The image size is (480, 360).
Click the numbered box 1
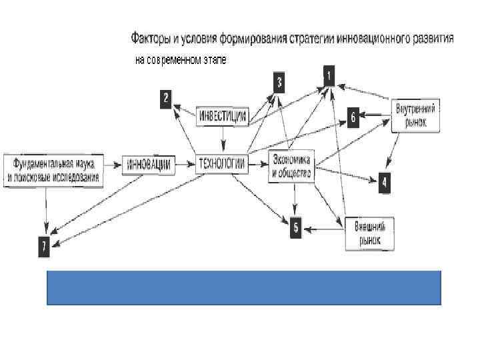pyautogui.click(x=329, y=74)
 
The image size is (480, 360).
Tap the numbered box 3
pyautogui.click(x=279, y=83)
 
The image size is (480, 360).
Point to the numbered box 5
pyautogui.click(x=297, y=228)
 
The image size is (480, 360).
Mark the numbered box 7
pyautogui.click(x=43, y=247)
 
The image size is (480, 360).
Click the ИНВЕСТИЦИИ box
pyautogui.click(x=223, y=117)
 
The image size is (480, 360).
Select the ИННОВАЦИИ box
pyautogui.click(x=149, y=164)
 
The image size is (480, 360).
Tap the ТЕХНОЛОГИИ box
pyautogui.click(x=221, y=164)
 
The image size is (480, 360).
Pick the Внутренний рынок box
pyautogui.click(x=415, y=115)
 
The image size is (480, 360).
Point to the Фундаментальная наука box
pyautogui.click(x=53, y=169)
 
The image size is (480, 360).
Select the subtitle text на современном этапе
pyautogui.click(x=181, y=59)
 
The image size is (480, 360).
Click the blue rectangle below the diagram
pyautogui.click(x=243, y=287)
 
